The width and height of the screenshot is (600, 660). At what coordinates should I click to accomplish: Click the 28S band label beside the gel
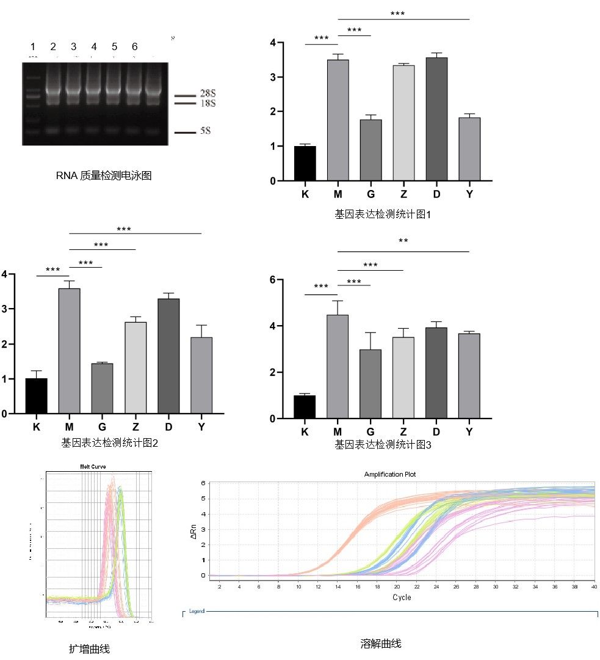tap(208, 94)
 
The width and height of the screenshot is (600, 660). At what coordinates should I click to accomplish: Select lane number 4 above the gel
tap(94, 47)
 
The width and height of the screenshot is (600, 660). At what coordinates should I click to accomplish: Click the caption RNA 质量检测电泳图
tap(103, 176)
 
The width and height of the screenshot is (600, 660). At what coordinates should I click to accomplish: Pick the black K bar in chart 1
tap(305, 163)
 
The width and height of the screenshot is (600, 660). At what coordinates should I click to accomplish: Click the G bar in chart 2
tap(102, 388)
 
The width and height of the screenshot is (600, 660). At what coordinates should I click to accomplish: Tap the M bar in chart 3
tap(338, 366)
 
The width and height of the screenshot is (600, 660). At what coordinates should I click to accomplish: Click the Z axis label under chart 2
tap(135, 427)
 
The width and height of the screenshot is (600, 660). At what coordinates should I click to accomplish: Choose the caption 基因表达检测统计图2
tap(110, 442)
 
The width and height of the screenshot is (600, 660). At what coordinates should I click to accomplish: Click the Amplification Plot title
tap(391, 474)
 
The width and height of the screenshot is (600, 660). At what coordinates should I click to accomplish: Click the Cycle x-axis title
tap(402, 597)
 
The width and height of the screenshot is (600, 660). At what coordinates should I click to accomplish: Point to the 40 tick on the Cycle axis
tap(593, 586)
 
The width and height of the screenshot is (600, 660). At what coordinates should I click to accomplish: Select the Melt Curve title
tap(90, 466)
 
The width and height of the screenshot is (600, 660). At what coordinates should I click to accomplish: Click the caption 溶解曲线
tap(381, 643)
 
